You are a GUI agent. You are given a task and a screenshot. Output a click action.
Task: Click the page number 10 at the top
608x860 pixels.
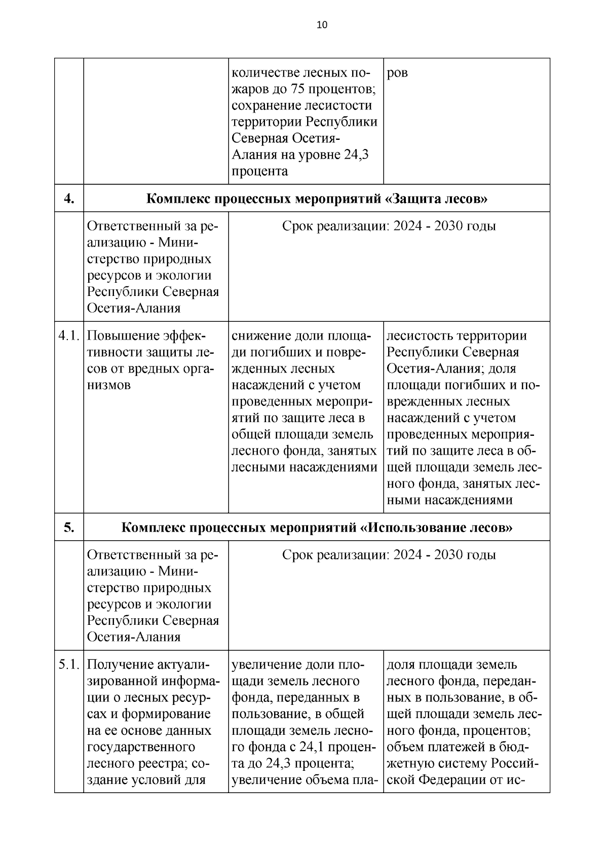tap(322, 25)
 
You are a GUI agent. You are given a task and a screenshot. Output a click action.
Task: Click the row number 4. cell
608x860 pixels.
tap(69, 198)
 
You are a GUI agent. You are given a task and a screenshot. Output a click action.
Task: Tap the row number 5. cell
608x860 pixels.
tap(69, 527)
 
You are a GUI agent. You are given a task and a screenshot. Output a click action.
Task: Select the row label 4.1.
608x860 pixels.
tap(69, 336)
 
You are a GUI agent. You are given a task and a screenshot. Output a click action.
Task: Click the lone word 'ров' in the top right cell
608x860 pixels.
tap(397, 73)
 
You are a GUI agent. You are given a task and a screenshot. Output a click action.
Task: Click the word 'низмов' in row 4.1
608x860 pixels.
tap(109, 385)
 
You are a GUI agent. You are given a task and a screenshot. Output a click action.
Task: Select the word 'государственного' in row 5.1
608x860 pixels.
tap(141, 747)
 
